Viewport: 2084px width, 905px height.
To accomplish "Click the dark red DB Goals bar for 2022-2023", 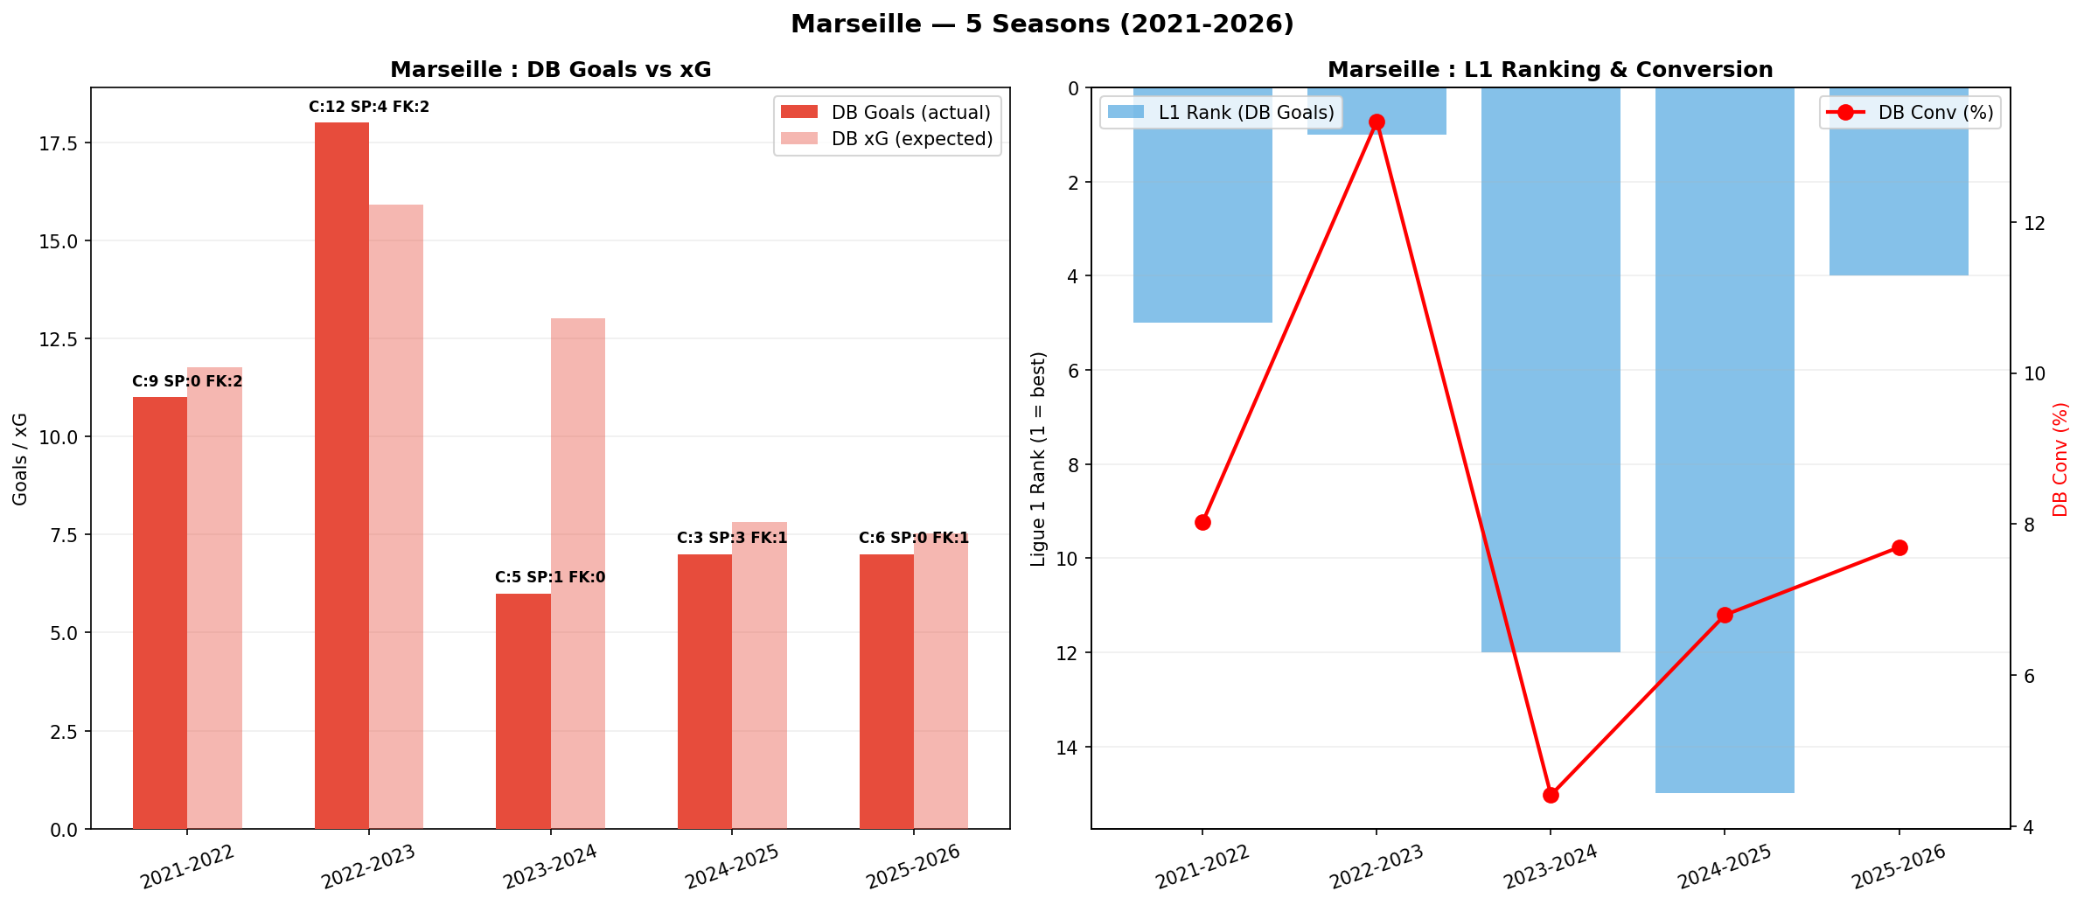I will [x=341, y=477].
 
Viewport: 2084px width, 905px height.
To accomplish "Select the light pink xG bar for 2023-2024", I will [x=577, y=573].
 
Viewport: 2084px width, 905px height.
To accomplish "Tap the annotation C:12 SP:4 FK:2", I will [x=369, y=108].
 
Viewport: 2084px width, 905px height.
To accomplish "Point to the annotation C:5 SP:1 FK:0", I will [x=550, y=577].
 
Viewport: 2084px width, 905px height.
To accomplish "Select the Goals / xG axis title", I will [x=20, y=458].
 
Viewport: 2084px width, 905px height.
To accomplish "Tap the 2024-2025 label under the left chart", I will [x=732, y=866].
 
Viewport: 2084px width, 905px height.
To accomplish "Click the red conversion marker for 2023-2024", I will [x=1551, y=795].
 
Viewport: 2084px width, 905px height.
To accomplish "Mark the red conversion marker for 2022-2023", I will [x=1377, y=122].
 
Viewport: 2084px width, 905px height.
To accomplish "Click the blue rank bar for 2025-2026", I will [x=1899, y=181].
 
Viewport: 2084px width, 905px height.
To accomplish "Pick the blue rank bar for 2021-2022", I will [x=1202, y=205].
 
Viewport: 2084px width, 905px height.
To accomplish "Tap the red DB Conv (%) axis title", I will [x=2060, y=459].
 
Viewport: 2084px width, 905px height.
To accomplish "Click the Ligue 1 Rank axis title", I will [x=1038, y=458].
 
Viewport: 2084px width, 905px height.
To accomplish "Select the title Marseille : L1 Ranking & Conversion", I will [x=1550, y=70].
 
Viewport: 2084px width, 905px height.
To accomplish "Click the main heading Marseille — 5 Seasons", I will [x=1042, y=24].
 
